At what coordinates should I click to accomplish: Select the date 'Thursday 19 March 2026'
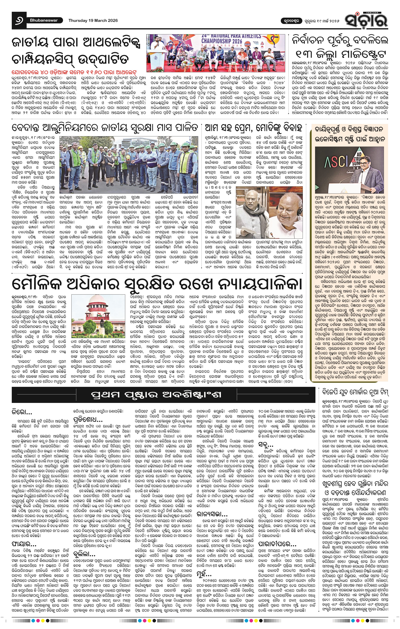(93, 20)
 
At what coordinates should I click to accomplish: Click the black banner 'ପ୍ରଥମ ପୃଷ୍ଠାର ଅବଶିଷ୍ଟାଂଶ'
(156, 395)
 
